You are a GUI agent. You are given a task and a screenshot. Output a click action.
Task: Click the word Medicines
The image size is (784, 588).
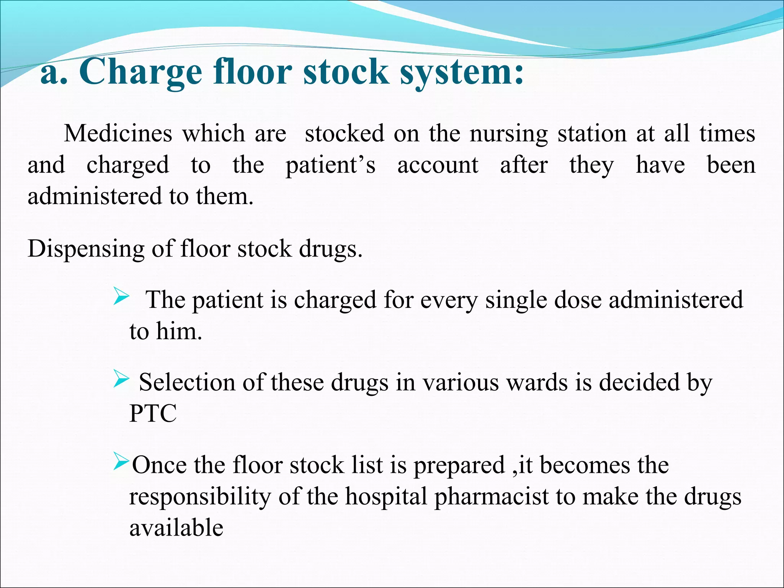(118, 134)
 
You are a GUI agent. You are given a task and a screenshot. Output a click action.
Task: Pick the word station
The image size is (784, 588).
(592, 134)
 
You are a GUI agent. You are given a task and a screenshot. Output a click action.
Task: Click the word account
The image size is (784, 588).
(438, 165)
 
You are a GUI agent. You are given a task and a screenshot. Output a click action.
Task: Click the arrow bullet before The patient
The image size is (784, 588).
(121, 297)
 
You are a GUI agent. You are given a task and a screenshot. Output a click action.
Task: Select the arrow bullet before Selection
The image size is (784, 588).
(121, 380)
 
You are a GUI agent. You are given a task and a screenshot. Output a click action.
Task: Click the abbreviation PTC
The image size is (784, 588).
(153, 413)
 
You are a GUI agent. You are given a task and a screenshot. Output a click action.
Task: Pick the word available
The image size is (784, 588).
(176, 528)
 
